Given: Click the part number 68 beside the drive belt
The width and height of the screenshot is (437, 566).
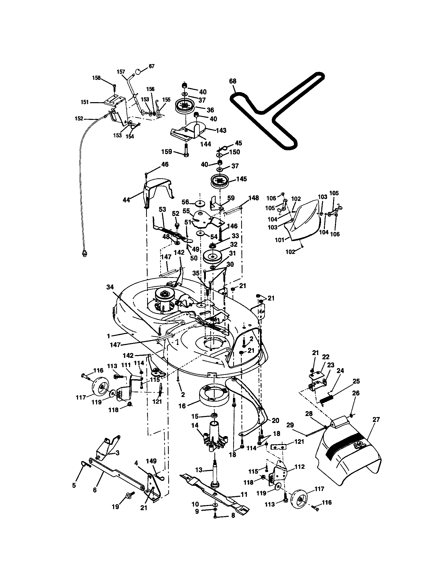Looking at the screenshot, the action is click(232, 81).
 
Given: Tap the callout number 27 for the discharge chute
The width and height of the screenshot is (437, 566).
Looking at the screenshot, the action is click(376, 420).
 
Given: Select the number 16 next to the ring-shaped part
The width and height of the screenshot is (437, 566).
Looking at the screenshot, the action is click(182, 406).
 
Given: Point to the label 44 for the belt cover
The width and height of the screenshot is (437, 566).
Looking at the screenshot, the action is click(126, 200).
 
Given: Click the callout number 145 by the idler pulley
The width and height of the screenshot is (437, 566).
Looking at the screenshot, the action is click(241, 179).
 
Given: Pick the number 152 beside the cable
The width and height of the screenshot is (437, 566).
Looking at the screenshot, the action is click(79, 119).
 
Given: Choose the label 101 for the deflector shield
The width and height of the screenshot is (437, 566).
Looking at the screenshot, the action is click(280, 240).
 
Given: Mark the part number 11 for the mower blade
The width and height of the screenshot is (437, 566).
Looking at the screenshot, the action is click(244, 494).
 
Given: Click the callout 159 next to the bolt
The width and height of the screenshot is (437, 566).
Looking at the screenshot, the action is click(167, 151).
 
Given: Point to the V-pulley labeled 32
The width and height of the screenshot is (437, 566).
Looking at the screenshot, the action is click(213, 257).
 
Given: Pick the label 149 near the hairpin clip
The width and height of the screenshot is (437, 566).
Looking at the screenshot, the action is click(151, 461).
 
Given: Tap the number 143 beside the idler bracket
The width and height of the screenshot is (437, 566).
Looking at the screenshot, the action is click(221, 130).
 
